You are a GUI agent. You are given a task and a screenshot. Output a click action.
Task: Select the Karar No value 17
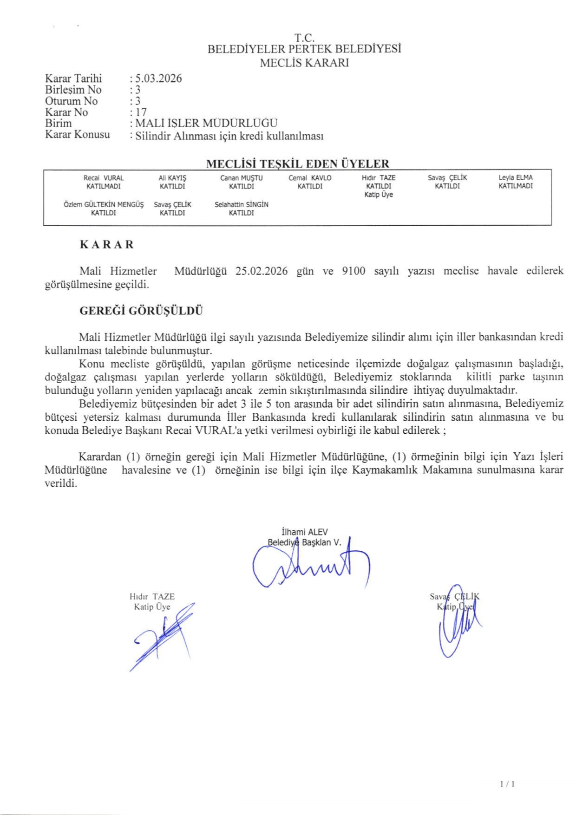[x=141, y=112]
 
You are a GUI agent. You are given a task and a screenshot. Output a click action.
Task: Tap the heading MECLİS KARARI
[x=304, y=63]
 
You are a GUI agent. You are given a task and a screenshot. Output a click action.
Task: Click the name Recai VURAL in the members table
[x=104, y=178]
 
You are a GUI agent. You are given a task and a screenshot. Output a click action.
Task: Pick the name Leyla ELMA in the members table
[x=515, y=177]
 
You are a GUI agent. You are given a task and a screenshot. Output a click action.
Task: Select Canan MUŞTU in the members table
[x=241, y=178]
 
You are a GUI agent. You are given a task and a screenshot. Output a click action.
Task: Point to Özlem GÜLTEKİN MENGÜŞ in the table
[x=104, y=204]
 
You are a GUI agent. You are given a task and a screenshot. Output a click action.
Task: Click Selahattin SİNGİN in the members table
[x=241, y=204]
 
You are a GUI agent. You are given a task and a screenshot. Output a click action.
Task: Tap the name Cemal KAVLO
[x=310, y=178]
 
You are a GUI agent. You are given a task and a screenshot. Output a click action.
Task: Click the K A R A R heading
[x=107, y=245]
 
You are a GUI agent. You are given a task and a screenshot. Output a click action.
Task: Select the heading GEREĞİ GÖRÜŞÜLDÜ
[x=141, y=311]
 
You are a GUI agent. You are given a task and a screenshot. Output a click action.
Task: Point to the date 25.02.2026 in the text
[x=261, y=271]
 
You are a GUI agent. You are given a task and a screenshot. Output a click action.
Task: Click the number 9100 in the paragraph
[x=353, y=271]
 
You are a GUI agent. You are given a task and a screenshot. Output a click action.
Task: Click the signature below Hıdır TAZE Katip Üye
[x=163, y=636]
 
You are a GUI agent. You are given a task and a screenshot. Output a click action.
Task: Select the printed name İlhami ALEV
[x=304, y=532]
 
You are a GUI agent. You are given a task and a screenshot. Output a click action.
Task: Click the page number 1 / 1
[x=507, y=784]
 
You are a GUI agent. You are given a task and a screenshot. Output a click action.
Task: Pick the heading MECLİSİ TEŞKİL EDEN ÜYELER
[x=297, y=163]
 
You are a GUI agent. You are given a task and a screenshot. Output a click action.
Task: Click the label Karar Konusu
[x=78, y=135]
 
